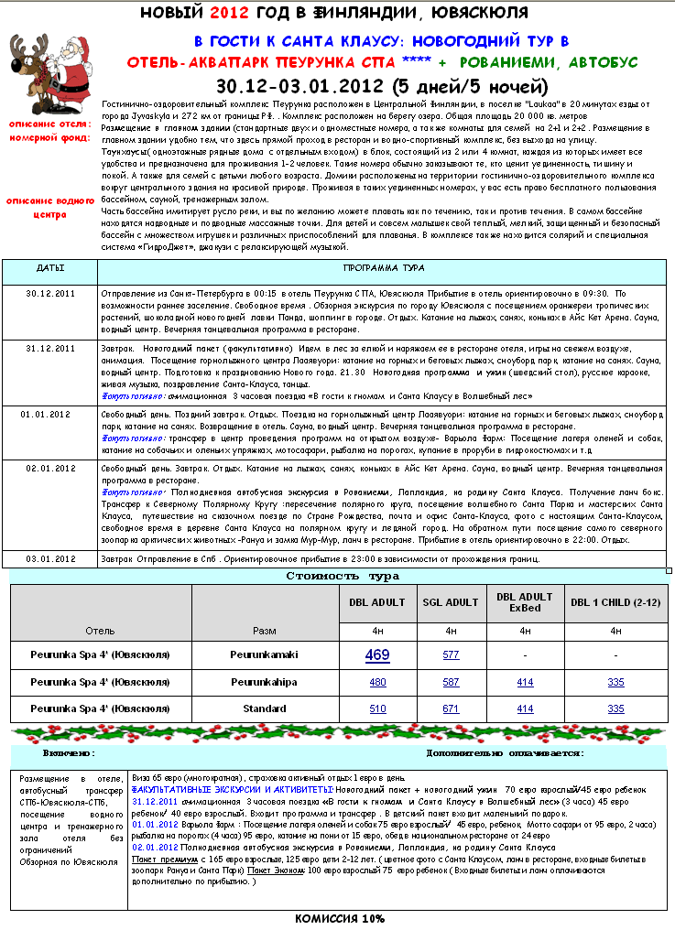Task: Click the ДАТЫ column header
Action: tap(50, 269)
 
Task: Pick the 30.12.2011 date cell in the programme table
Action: tap(50, 293)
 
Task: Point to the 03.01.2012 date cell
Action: tap(50, 557)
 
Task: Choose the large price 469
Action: tap(376, 654)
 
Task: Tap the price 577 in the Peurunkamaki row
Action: tap(451, 654)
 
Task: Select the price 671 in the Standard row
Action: tap(451, 708)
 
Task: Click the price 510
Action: tap(376, 708)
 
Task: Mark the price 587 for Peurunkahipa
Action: tap(451, 682)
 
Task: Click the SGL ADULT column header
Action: tap(451, 602)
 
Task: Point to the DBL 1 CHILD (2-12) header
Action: tap(615, 602)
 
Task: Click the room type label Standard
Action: tap(265, 708)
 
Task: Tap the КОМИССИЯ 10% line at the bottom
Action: tap(339, 918)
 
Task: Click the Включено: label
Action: tap(69, 753)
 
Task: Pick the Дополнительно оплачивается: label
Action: tap(505, 753)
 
